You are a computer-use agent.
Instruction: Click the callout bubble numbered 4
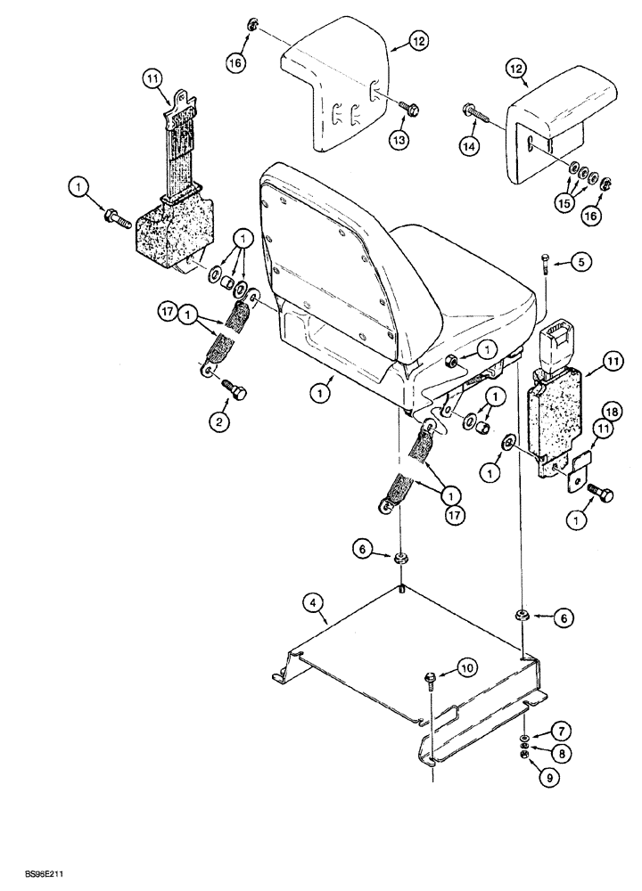(x=314, y=603)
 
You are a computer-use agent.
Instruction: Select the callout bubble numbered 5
(x=580, y=263)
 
